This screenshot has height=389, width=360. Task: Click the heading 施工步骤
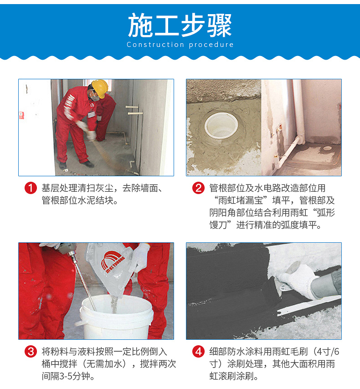pyautogui.click(x=180, y=26)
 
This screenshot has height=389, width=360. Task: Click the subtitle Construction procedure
pyautogui.click(x=180, y=45)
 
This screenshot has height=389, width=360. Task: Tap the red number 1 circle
pyautogui.click(x=31, y=188)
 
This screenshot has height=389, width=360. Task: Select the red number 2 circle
pyautogui.click(x=198, y=188)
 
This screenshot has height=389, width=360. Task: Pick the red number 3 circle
pyautogui.click(x=31, y=352)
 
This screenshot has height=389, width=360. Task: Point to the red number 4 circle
pyautogui.click(x=198, y=352)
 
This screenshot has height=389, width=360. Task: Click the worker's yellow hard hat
pyautogui.click(x=100, y=88)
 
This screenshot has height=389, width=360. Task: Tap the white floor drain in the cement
pyautogui.click(x=221, y=125)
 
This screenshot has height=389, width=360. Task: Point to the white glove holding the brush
pyautogui.click(x=297, y=280)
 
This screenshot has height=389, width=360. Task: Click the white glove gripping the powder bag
pyautogui.click(x=140, y=257)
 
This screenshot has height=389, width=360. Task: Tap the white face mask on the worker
pyautogui.click(x=94, y=97)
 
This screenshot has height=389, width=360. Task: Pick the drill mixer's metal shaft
pyautogui.click(x=84, y=283)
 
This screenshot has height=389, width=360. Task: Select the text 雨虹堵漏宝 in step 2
pyautogui.click(x=240, y=200)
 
